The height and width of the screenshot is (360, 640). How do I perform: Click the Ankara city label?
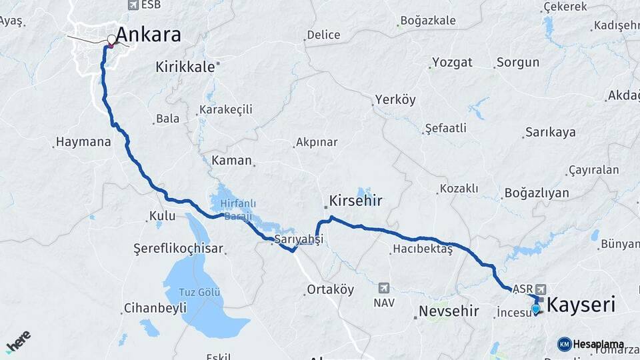[149, 34]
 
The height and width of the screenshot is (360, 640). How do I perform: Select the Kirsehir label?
[356, 200]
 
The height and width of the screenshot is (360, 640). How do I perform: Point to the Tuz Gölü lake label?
[200, 292]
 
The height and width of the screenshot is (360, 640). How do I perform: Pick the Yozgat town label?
[452, 63]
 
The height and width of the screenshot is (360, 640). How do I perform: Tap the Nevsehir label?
[449, 311]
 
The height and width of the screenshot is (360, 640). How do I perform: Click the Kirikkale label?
[185, 67]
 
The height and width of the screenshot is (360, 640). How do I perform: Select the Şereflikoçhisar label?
[178, 249]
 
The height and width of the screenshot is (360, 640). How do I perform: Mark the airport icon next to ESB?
[130, 5]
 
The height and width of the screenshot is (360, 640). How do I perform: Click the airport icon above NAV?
[384, 288]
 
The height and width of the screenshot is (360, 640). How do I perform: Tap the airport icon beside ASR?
[539, 289]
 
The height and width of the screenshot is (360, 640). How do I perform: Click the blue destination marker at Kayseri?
[535, 309]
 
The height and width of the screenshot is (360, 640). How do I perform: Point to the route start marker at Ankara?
[111, 39]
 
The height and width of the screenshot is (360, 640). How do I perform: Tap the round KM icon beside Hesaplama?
[564, 344]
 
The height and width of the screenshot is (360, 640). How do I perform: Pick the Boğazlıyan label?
[537, 193]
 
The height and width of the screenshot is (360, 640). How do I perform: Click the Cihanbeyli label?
[148, 309]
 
